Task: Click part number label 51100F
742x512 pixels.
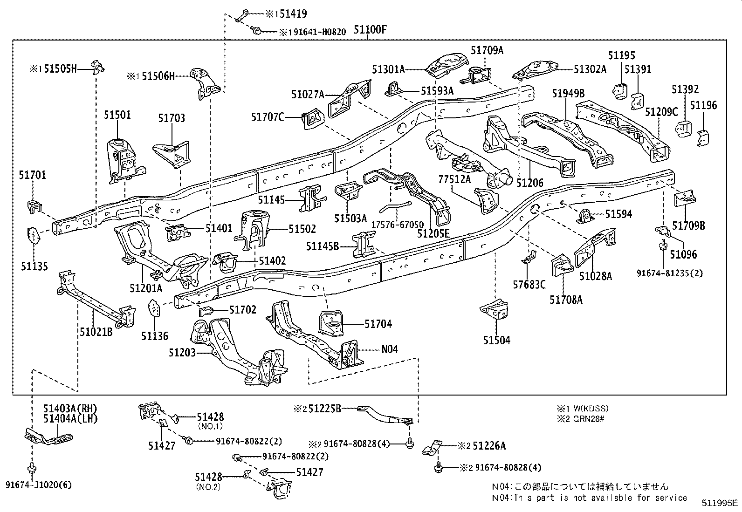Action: (x=370, y=31)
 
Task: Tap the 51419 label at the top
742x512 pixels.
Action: (x=292, y=14)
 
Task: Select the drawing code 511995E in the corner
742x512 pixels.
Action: (x=720, y=504)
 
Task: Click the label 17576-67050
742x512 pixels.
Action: (x=397, y=225)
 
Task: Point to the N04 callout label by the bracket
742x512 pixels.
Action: (x=389, y=349)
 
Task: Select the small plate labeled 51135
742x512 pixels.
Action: (x=33, y=235)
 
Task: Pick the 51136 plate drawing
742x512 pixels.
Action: (x=154, y=308)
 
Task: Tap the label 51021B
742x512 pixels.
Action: (x=96, y=332)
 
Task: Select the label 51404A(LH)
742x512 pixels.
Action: (x=70, y=418)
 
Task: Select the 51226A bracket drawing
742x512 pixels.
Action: (x=431, y=449)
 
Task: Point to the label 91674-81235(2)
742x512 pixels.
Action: (x=670, y=273)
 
